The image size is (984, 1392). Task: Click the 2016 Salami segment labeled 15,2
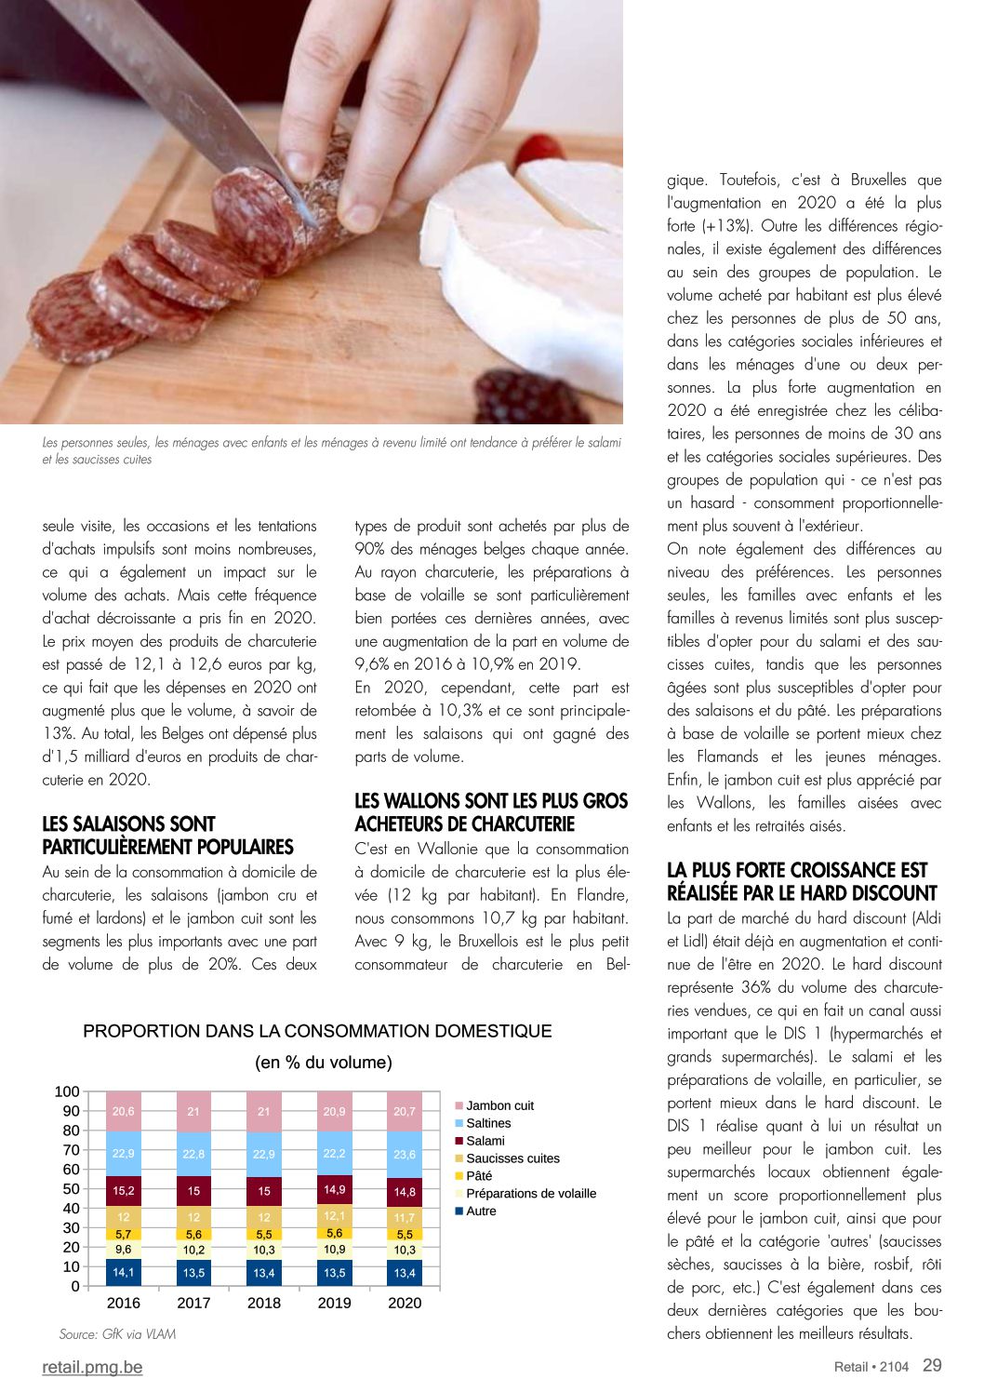pyautogui.click(x=124, y=1190)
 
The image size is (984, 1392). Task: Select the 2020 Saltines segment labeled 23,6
pyautogui.click(x=405, y=1154)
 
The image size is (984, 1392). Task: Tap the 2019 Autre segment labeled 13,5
pyautogui.click(x=334, y=1273)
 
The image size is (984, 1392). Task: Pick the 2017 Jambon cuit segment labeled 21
pyautogui.click(x=193, y=1111)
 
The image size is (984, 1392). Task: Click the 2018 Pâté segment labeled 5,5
pyautogui.click(x=264, y=1235)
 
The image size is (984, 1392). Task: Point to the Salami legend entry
pyautogui.click(x=485, y=1141)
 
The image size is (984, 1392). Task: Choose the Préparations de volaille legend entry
pyautogui.click(x=530, y=1194)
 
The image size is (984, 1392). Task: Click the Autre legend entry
pyautogui.click(x=480, y=1211)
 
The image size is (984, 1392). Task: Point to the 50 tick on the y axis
pyautogui.click(x=71, y=1189)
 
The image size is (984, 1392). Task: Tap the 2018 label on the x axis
pyautogui.click(x=264, y=1303)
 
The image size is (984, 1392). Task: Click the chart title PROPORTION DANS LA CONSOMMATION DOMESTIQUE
pyautogui.click(x=317, y=1031)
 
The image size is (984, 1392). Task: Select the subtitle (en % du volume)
pyautogui.click(x=323, y=1063)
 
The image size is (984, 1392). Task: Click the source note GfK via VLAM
pyautogui.click(x=117, y=1334)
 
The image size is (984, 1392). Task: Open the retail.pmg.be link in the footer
pyautogui.click(x=92, y=1367)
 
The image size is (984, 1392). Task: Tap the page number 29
pyautogui.click(x=932, y=1365)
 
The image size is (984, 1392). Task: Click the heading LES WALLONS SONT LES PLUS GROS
pyautogui.click(x=491, y=801)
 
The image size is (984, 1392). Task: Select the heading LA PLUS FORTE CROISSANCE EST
pyautogui.click(x=797, y=870)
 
